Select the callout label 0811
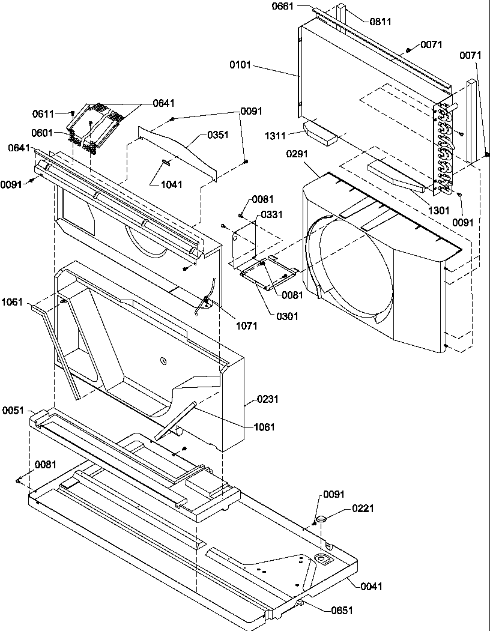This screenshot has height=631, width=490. [380, 22]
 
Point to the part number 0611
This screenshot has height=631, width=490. [43, 113]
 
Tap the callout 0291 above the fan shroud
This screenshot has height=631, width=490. [297, 154]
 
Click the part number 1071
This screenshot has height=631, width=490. [246, 325]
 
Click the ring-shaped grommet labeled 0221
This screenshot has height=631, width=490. [320, 517]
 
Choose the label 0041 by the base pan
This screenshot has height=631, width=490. [372, 586]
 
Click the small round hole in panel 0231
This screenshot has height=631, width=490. [162, 361]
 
